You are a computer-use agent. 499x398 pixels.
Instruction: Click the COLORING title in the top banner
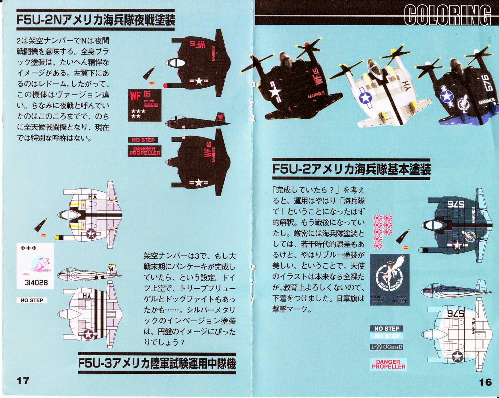[x=447, y=15]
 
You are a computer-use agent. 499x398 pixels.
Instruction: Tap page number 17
[x=23, y=381]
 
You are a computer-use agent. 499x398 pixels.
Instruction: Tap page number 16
[x=485, y=382]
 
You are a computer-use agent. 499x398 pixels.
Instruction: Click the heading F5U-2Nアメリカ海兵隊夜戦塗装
[x=95, y=20]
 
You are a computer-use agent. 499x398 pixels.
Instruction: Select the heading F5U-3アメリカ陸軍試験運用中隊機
[x=157, y=363]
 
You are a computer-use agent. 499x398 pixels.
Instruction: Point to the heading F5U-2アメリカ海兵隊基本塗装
[x=351, y=169]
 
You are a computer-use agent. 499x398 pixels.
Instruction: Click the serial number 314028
[x=36, y=283]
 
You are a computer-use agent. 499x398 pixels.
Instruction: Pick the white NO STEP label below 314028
[x=32, y=300]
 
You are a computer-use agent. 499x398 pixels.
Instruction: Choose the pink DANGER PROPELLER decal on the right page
[x=388, y=364]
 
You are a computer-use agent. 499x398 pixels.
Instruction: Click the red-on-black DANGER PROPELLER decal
[x=144, y=151]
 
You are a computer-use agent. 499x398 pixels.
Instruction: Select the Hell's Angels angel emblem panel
[x=389, y=280]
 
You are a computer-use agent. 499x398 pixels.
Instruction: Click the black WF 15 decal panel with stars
[x=144, y=105]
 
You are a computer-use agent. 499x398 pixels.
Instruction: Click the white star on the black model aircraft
[x=275, y=92]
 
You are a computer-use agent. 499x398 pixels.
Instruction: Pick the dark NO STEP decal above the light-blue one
[x=387, y=328]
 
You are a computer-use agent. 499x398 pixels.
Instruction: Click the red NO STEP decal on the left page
[x=143, y=140]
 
